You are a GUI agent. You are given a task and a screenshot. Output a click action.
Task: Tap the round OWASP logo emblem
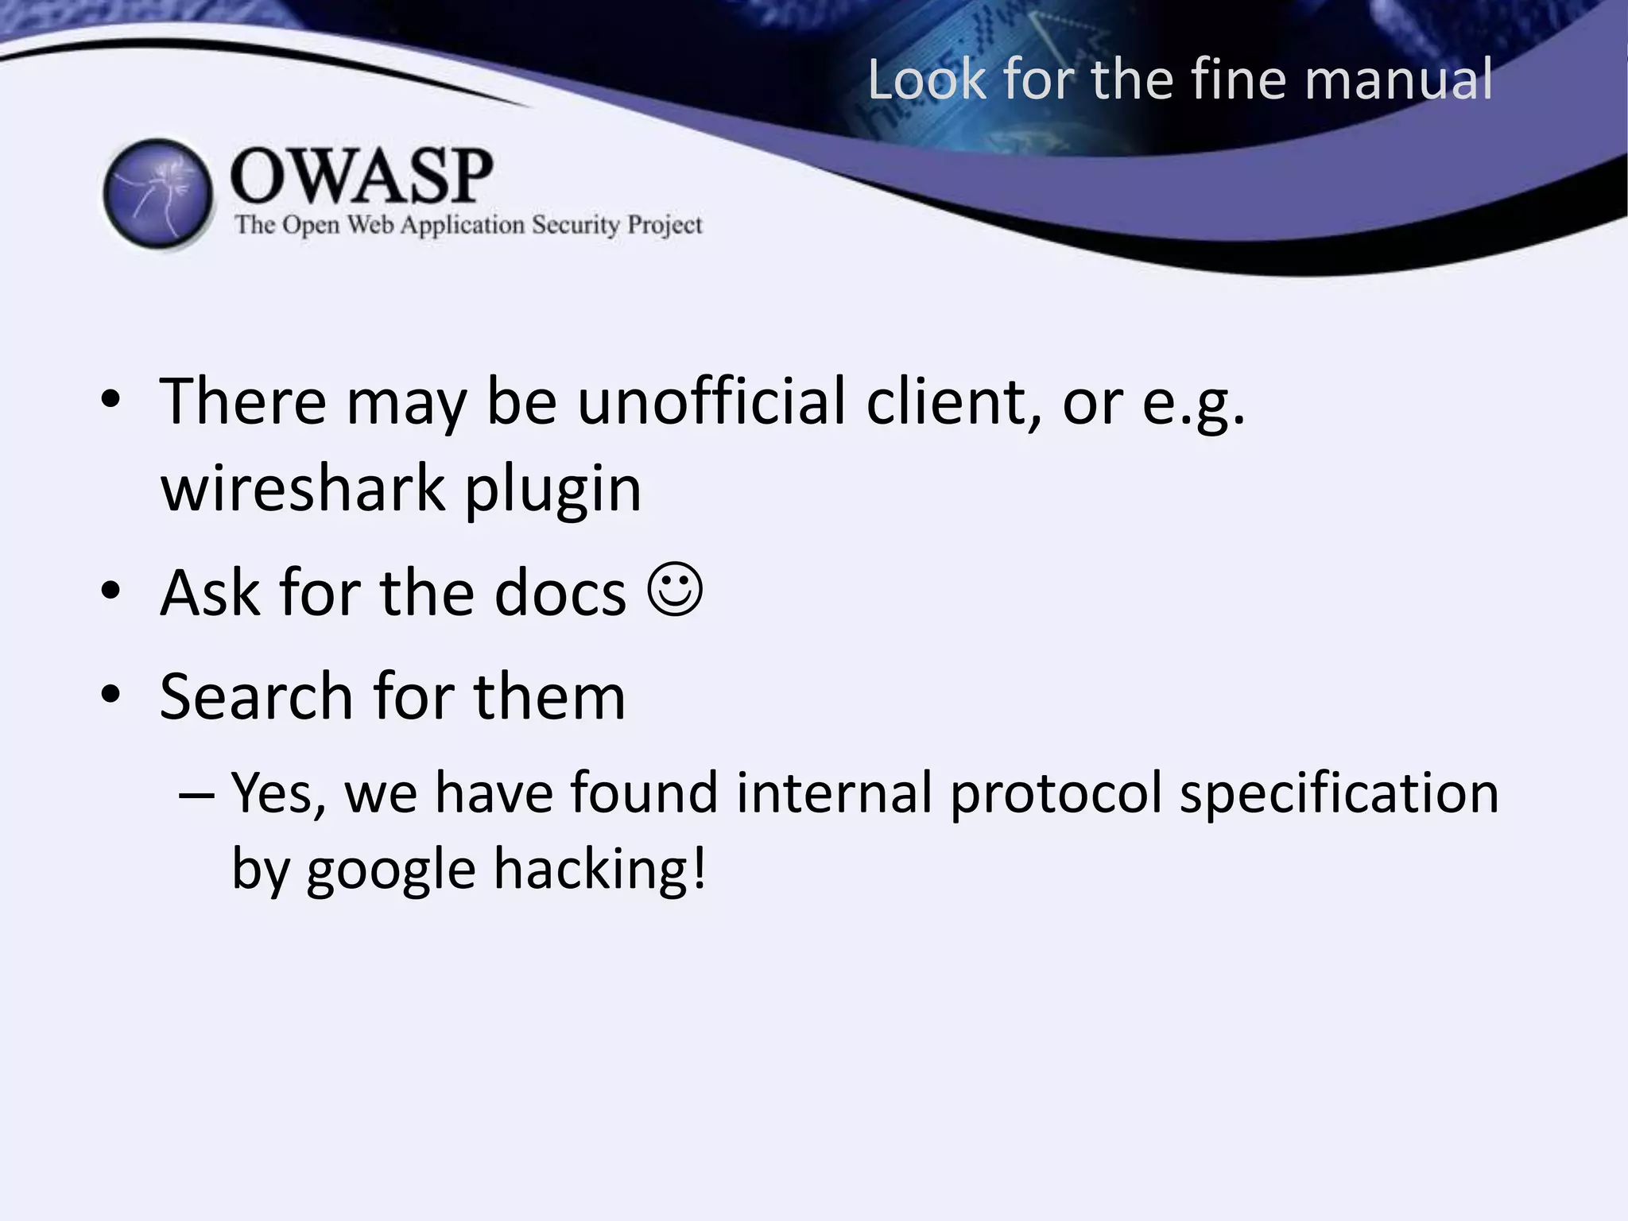[x=158, y=194]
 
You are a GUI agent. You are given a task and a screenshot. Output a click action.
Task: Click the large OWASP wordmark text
[x=362, y=176]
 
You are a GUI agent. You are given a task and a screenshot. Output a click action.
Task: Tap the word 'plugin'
[x=552, y=490]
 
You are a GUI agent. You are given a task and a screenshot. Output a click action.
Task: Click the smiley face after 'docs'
[x=675, y=590]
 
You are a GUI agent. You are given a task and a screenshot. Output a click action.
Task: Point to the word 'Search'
[x=256, y=696]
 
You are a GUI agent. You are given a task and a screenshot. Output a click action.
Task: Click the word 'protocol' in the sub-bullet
[x=1056, y=793]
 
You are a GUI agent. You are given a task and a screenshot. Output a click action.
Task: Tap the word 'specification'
[x=1339, y=795]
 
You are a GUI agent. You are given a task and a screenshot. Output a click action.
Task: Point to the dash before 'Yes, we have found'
[x=196, y=794]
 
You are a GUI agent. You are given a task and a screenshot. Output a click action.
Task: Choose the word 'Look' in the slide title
[x=926, y=79]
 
